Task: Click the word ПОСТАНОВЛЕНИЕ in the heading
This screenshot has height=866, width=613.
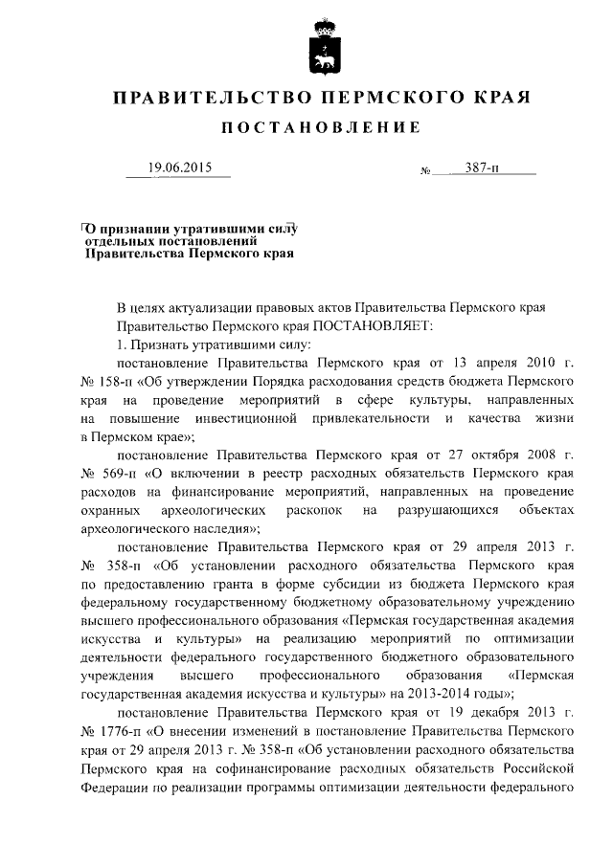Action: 323,128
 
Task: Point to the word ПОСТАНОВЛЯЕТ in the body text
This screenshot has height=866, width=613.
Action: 377,325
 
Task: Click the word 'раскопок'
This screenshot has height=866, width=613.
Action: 306,512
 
